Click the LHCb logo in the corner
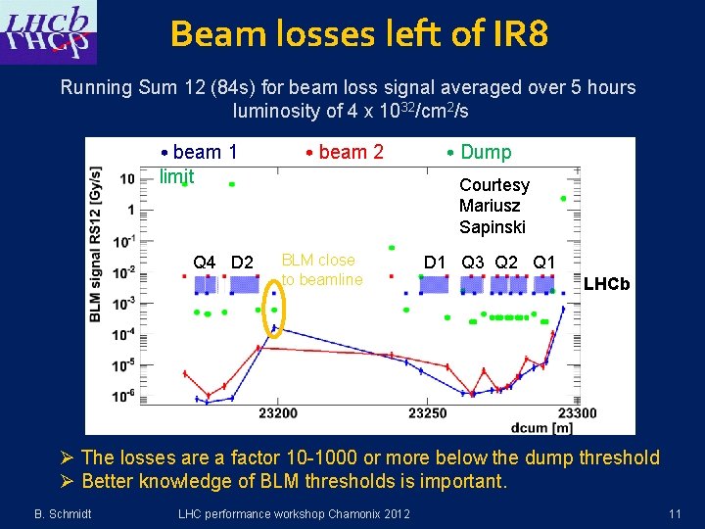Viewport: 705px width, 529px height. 49,33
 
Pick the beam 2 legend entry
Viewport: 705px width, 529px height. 344,152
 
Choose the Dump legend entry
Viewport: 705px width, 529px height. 479,152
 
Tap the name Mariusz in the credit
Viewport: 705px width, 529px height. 490,206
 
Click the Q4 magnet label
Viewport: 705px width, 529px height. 205,263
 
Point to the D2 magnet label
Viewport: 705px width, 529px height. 242,263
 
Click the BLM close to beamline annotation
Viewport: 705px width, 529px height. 322,269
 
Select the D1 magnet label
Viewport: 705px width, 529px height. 435,263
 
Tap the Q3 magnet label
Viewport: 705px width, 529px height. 473,263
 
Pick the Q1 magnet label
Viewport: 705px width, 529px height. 544,263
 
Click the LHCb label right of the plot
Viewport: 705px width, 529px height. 606,285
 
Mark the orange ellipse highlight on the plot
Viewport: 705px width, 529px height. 274,310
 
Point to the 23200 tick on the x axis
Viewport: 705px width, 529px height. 278,412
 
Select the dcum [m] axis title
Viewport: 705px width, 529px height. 540,426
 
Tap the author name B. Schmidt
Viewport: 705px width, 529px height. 63,513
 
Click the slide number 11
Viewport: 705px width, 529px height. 675,513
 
